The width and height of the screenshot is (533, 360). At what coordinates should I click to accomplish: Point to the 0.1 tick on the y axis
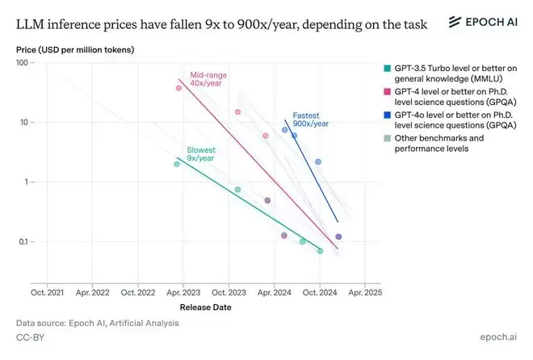[27, 242]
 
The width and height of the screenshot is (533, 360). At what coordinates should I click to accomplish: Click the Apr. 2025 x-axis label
[366, 291]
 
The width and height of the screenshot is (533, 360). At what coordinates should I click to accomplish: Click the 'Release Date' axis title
[204, 307]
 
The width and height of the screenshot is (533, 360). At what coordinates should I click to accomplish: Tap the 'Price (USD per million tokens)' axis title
[75, 50]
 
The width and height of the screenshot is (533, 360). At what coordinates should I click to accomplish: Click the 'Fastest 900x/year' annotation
[310, 119]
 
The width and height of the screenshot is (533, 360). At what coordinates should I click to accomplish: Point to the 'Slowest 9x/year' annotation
[202, 154]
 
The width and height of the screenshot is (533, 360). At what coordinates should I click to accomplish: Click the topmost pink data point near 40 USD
[178, 87]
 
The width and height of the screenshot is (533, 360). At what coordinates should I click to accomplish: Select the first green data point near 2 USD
[177, 164]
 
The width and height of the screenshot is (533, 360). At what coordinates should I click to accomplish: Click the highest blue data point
[285, 130]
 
